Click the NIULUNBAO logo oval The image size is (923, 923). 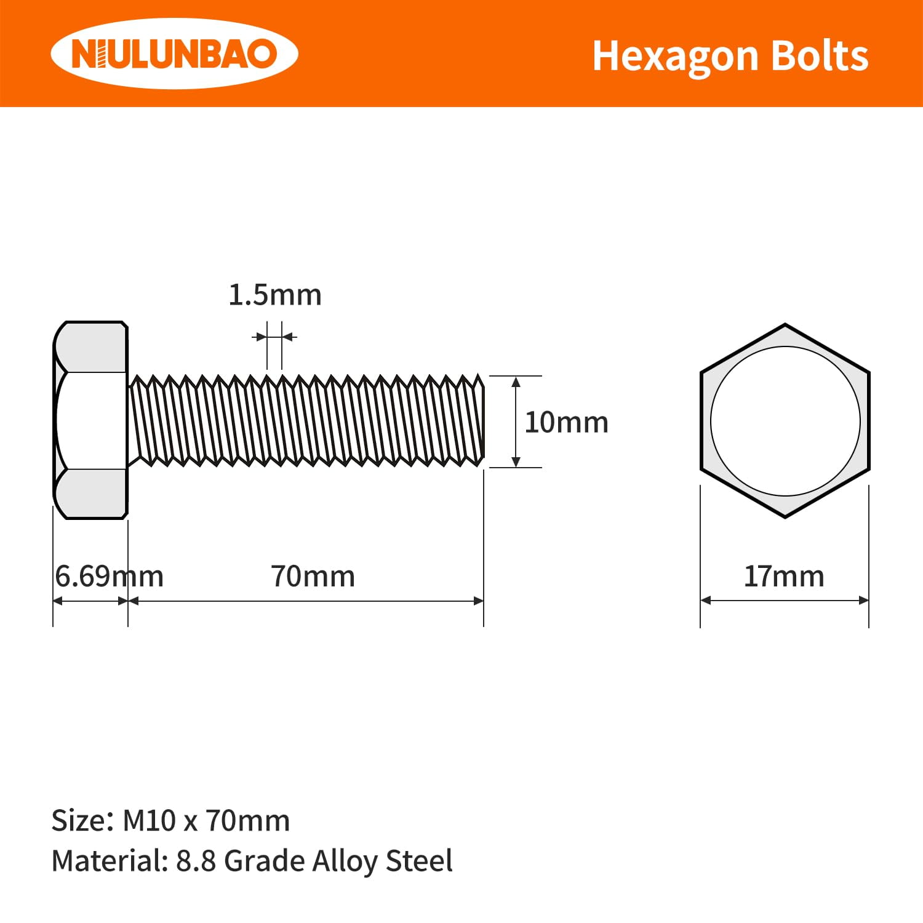[x=174, y=54]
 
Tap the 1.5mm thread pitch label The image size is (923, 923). [x=275, y=295]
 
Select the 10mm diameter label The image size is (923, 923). [x=566, y=423]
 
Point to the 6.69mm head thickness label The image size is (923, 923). [x=108, y=577]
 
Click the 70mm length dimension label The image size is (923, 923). [x=313, y=577]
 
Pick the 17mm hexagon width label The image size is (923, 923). [x=784, y=577]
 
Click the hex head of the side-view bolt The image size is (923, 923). [x=90, y=421]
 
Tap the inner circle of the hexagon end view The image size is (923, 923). [x=785, y=421]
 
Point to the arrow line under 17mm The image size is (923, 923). [x=785, y=601]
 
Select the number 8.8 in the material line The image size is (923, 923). [x=196, y=861]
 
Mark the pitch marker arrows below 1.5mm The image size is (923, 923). [x=274, y=337]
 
